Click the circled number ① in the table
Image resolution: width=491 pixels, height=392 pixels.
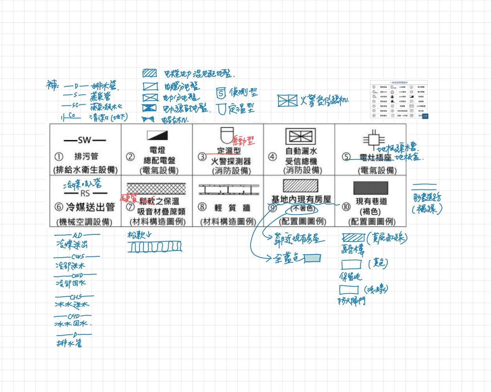point(59,157)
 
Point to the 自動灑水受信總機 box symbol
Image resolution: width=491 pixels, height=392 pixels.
point(300,136)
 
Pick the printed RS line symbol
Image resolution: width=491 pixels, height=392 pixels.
point(85,193)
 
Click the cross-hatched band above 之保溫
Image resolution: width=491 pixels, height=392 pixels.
point(156,189)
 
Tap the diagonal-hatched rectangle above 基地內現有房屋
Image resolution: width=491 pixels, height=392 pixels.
point(300,185)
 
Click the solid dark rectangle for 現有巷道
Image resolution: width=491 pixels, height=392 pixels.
point(371,188)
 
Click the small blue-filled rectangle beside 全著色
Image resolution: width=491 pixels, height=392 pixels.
point(313,258)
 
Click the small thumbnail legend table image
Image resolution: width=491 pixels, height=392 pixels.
point(399,100)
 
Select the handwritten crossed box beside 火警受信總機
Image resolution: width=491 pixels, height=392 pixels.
point(288,101)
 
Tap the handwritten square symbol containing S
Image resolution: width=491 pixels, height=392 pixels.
point(221,93)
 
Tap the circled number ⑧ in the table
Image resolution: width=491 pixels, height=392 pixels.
point(202,207)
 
